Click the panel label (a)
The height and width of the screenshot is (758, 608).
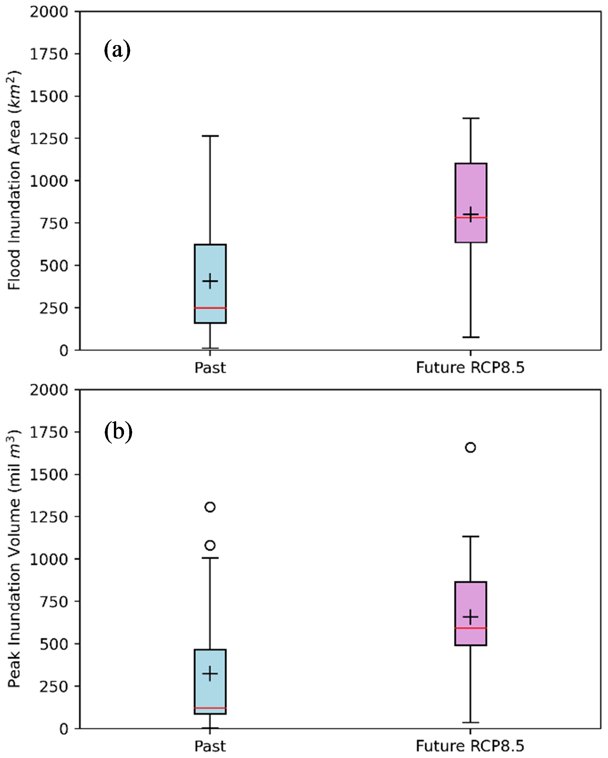(x=117, y=51)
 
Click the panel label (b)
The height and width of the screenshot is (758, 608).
(x=118, y=431)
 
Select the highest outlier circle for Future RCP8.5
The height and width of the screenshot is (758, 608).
(x=470, y=447)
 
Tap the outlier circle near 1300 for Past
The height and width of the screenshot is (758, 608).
(x=210, y=507)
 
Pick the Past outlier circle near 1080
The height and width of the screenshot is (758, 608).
(x=210, y=545)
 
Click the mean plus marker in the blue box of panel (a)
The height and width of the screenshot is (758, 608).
(x=210, y=281)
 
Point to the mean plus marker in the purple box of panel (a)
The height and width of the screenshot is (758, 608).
(x=471, y=214)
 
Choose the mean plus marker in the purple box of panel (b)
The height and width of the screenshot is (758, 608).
(x=471, y=617)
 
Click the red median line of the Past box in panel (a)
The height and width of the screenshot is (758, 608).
(x=210, y=308)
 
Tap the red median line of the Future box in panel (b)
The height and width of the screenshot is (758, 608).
(x=471, y=628)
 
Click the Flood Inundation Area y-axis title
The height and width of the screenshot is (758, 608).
(x=14, y=180)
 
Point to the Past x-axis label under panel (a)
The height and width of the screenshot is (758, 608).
(x=210, y=368)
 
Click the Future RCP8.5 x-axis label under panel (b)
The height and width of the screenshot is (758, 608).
(x=470, y=746)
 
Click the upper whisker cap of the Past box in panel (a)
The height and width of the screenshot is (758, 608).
(x=210, y=136)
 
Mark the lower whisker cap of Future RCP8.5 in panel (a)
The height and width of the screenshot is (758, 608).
(x=471, y=337)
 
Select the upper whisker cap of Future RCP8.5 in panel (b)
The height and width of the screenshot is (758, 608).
(x=471, y=537)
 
